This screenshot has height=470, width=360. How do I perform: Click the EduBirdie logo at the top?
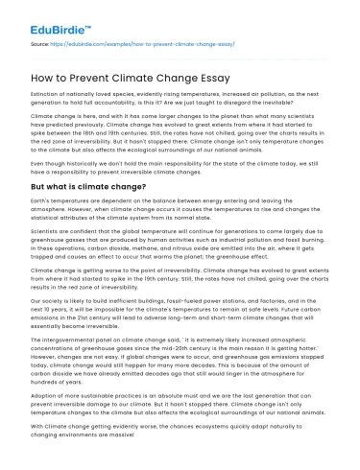click(55, 16)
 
